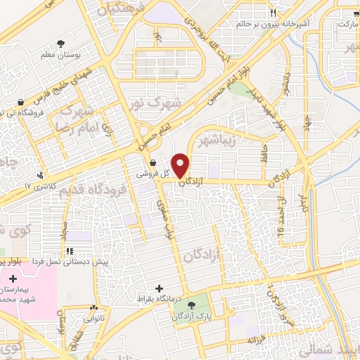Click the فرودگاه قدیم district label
93,191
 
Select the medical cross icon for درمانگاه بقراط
162,288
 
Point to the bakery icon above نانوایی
93,308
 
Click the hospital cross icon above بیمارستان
13,279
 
